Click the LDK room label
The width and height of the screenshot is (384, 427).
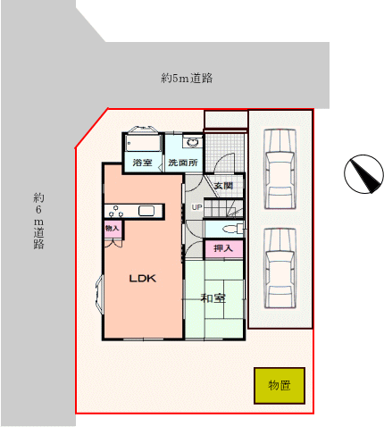(142, 279)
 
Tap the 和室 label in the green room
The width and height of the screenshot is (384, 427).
(213, 297)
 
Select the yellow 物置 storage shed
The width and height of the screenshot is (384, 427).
(280, 386)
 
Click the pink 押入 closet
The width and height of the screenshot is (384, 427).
(223, 248)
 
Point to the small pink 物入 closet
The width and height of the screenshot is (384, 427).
(113, 229)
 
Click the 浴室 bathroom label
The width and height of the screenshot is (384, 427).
(142, 163)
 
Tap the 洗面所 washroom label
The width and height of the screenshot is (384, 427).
(183, 163)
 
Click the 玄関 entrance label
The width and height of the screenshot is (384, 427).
(223, 186)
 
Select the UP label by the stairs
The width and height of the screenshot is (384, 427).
(196, 207)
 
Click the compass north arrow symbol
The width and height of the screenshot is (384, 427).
(363, 174)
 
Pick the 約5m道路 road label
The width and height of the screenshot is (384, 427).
(187, 78)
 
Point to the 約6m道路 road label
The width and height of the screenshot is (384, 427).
(38, 221)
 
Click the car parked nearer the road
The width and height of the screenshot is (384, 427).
(280, 169)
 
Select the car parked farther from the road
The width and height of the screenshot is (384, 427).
(280, 269)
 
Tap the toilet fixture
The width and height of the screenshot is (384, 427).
(233, 229)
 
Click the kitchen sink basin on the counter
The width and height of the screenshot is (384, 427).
(146, 211)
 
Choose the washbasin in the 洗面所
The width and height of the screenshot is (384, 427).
(192, 141)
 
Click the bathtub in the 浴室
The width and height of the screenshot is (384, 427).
(143, 143)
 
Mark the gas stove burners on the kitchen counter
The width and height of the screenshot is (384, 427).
(116, 211)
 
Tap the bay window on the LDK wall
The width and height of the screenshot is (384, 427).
(99, 294)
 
